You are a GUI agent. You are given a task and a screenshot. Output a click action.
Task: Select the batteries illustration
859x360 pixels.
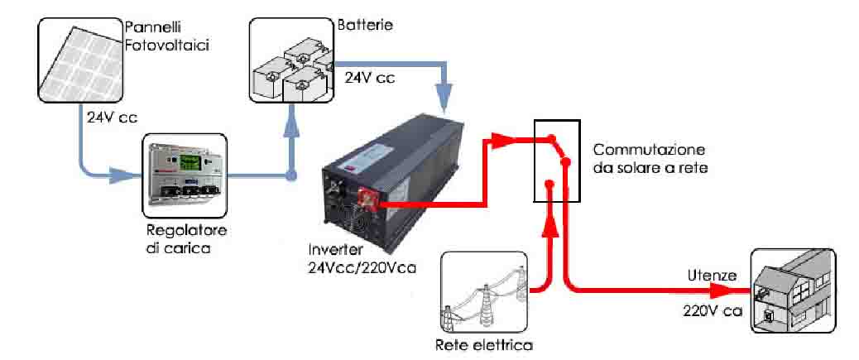pyautogui.click(x=290, y=63)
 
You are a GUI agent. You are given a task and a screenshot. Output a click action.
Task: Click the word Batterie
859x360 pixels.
pyautogui.click(x=363, y=26)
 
